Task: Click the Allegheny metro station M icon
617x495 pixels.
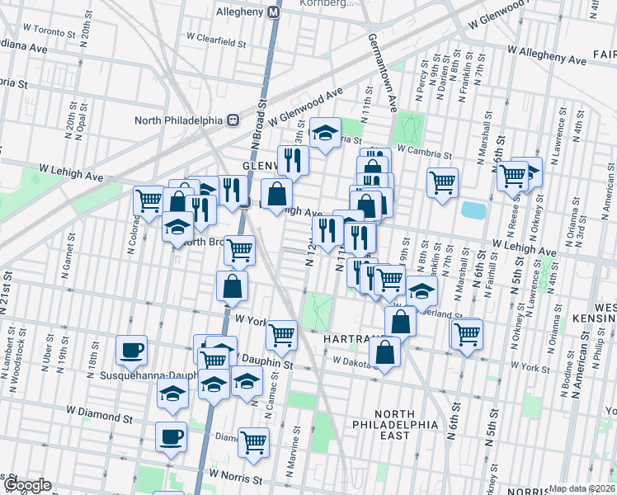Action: pyautogui.click(x=274, y=13)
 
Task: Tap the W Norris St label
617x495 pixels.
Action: pyautogui.click(x=235, y=476)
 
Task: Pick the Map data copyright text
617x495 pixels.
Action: pyautogui.click(x=582, y=488)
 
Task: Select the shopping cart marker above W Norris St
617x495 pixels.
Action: pyautogui.click(x=253, y=441)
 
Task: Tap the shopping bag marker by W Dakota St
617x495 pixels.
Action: pyautogui.click(x=385, y=352)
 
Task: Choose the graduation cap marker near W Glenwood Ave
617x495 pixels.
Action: pyautogui.click(x=325, y=131)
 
